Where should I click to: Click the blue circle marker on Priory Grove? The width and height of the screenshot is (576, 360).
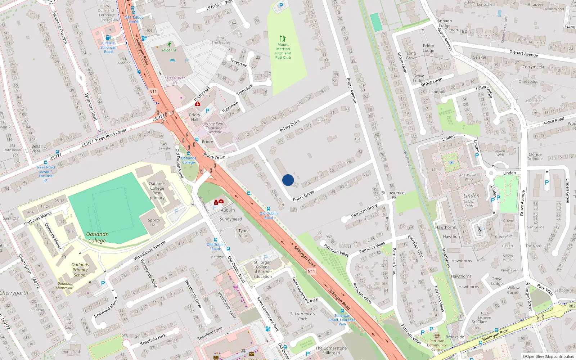(x=288, y=180)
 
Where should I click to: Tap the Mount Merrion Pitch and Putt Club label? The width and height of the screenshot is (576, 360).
(x=283, y=51)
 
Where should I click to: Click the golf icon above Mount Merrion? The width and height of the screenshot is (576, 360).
(x=283, y=38)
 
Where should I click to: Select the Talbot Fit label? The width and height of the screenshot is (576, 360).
(x=169, y=50)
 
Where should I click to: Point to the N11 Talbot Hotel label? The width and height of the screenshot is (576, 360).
(x=134, y=19)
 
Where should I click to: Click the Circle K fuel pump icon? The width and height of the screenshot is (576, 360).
(x=107, y=37)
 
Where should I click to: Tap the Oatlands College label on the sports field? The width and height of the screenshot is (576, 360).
(x=97, y=237)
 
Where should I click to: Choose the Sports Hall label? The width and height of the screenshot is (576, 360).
(x=154, y=222)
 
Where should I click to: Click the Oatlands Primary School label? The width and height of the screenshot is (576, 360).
(x=80, y=270)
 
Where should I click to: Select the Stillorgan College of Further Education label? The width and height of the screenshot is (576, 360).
(x=263, y=269)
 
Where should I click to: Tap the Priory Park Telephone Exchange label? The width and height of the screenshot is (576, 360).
(x=214, y=128)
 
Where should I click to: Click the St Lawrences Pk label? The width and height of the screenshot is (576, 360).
(x=394, y=195)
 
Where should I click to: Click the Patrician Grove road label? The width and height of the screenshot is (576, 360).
(x=364, y=210)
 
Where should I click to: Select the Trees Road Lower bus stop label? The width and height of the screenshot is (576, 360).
(x=46, y=174)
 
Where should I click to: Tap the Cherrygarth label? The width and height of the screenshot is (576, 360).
(x=14, y=293)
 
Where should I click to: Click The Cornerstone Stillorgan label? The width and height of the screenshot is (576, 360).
(x=331, y=350)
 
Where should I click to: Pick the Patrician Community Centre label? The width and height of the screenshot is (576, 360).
(x=437, y=345)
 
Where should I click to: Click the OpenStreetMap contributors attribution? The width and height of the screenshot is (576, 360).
(x=548, y=356)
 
